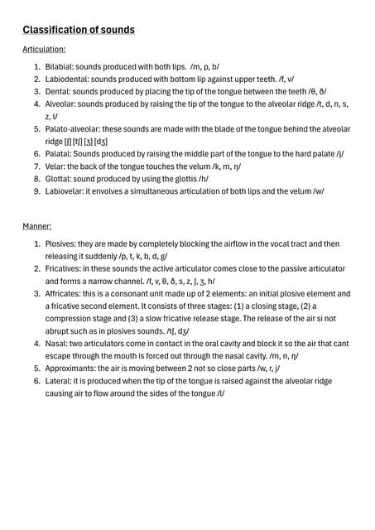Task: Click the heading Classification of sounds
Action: (x=79, y=30)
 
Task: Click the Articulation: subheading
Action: (x=44, y=50)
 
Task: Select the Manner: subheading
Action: (x=36, y=225)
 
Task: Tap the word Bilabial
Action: (x=59, y=66)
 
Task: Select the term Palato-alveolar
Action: (x=72, y=129)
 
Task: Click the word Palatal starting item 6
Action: (x=59, y=154)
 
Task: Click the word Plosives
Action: (x=61, y=244)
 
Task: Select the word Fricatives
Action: (x=64, y=269)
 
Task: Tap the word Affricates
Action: (x=64, y=294)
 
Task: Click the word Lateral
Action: (x=59, y=381)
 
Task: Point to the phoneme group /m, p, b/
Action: (x=204, y=66)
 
